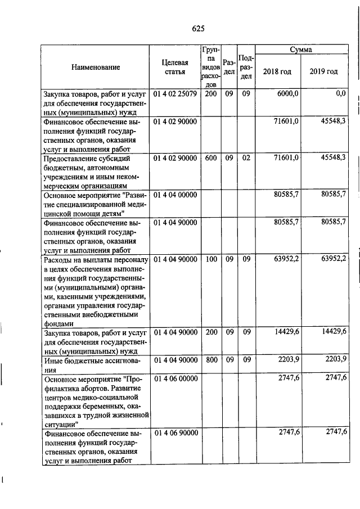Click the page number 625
click(197, 29)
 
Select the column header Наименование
click(96, 67)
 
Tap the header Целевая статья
click(174, 67)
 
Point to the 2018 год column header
click(277, 72)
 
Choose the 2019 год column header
click(323, 72)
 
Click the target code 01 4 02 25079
click(174, 94)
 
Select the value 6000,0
click(287, 94)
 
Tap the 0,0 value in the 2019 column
click(340, 94)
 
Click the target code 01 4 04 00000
click(174, 194)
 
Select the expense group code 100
click(211, 259)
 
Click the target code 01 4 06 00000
click(174, 379)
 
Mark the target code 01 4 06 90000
click(174, 433)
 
